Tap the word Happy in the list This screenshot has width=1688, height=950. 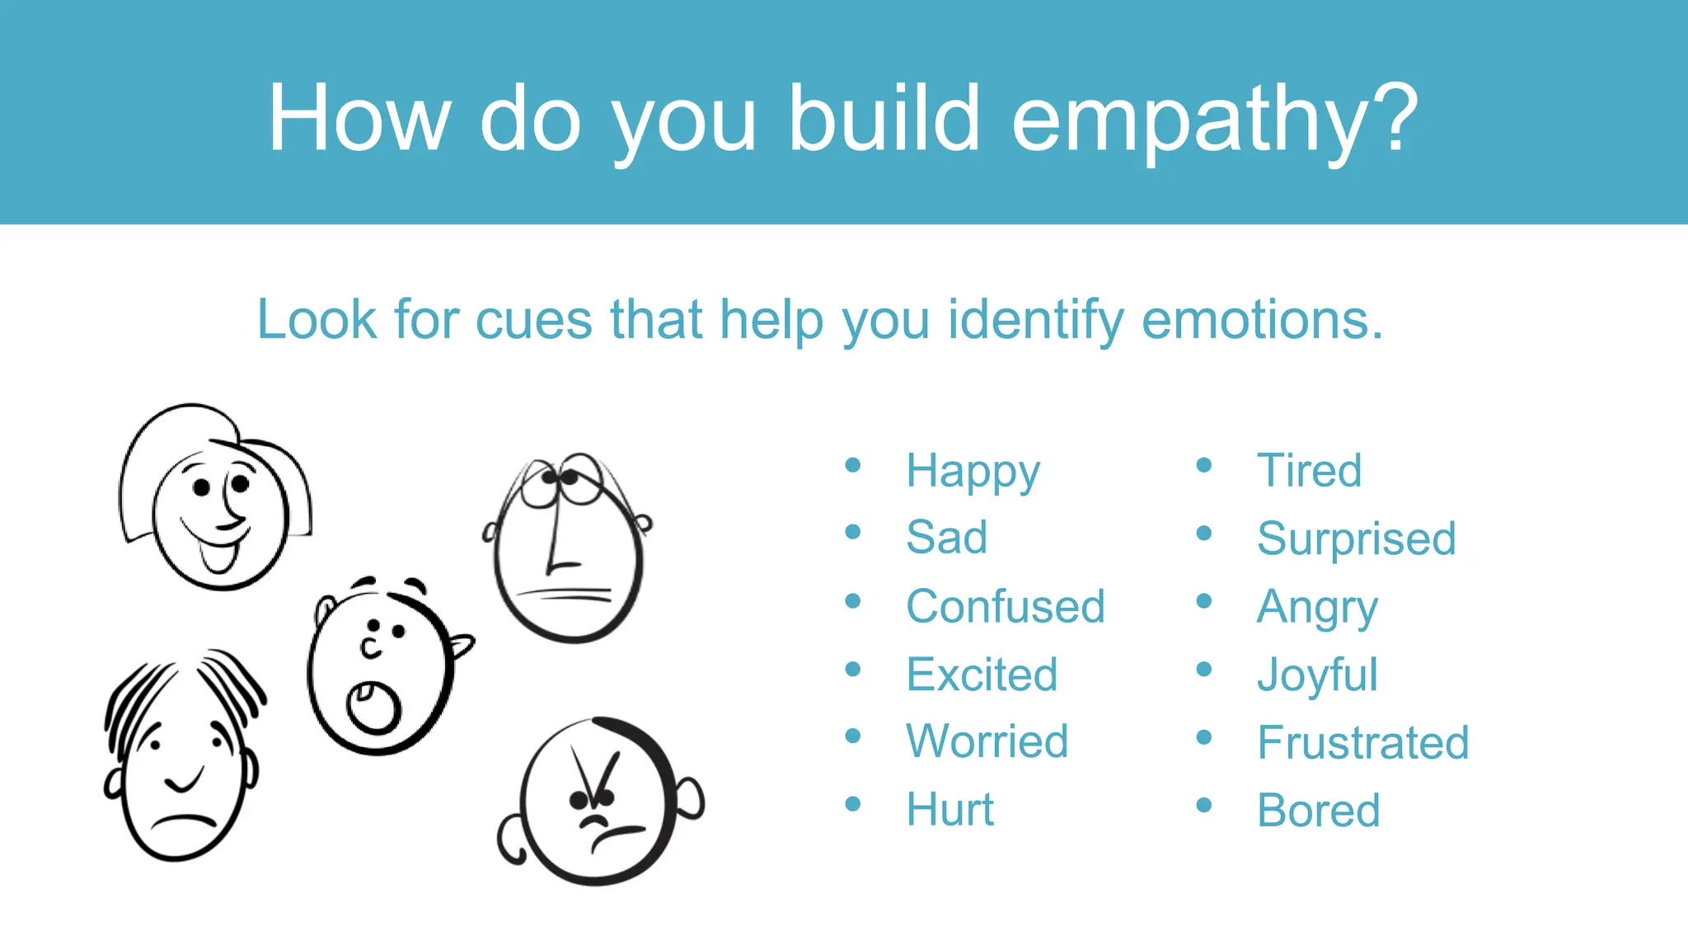(973, 471)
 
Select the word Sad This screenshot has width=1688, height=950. (946, 538)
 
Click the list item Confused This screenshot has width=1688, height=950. (1005, 606)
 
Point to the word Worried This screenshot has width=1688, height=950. (987, 741)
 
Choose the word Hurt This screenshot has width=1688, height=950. (949, 809)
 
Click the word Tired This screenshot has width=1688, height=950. (1309, 471)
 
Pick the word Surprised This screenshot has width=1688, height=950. (1356, 538)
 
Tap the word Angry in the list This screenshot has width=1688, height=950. (1316, 608)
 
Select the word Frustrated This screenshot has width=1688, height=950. (1362, 742)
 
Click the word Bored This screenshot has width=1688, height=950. (1318, 811)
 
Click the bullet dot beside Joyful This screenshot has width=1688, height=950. (1204, 670)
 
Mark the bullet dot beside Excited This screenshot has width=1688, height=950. (853, 670)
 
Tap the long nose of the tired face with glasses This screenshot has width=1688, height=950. (557, 536)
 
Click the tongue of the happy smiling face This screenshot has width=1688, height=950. (218, 559)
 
